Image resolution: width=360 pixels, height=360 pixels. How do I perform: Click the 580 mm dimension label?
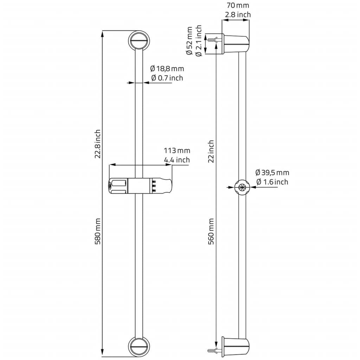98,231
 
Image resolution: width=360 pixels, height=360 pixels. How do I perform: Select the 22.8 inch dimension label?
98,144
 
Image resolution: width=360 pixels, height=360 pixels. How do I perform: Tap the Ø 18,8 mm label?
167,69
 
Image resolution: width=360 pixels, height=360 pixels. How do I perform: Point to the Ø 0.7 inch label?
167,78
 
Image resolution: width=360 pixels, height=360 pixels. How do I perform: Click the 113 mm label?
177,150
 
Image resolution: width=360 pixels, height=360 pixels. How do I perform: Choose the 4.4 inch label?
177,160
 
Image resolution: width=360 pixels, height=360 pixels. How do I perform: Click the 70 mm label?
238,5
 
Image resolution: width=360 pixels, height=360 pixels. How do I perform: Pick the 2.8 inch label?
238,15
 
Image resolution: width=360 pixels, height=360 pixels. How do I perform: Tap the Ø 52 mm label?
189,41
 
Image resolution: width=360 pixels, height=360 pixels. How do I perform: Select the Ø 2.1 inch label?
199,41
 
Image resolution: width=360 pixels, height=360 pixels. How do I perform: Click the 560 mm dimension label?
211,231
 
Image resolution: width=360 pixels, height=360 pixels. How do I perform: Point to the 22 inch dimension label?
211,152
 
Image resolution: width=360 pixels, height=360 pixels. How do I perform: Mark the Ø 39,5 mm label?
272,173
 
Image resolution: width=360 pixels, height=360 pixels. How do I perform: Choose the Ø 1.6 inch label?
272,182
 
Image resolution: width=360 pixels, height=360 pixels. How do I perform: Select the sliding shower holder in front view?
140,186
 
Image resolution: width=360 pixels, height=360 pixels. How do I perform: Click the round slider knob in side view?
242,187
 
